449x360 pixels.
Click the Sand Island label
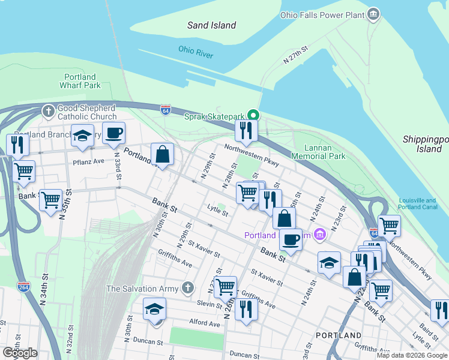tap(211, 25)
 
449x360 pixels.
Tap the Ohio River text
tap(196, 52)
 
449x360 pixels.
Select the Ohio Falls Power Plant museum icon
tap(373, 14)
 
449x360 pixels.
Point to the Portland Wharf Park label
tap(80, 81)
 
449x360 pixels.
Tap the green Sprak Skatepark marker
tap(253, 116)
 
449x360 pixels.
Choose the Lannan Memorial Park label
tap(318, 151)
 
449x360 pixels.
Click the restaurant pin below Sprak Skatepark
tap(246, 129)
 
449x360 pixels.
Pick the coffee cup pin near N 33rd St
tap(113, 133)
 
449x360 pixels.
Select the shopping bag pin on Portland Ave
tap(162, 154)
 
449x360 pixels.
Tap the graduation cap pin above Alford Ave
tap(155, 309)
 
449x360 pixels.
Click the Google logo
tap(20, 353)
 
